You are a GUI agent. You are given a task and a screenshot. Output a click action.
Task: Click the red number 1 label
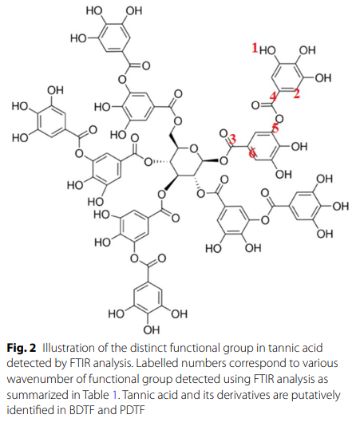point(255,48)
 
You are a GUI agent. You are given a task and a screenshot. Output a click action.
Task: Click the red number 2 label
point(296,94)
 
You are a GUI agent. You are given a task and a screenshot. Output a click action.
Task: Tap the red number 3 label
point(232,139)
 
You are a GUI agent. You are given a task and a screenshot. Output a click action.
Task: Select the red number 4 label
point(273,97)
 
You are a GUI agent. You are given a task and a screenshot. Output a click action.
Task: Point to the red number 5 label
point(275,128)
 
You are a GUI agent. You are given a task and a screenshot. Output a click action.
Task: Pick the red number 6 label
point(252,154)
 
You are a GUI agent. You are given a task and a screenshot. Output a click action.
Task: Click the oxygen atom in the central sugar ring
point(194,148)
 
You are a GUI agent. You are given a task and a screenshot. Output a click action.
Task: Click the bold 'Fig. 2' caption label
point(22,348)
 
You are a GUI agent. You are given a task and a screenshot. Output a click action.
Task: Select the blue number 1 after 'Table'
point(115,395)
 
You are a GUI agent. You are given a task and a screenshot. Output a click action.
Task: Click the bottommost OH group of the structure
point(152,330)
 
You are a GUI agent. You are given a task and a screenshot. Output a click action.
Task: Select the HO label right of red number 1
point(267,50)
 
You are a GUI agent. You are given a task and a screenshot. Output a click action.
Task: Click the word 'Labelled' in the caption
point(154,363)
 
